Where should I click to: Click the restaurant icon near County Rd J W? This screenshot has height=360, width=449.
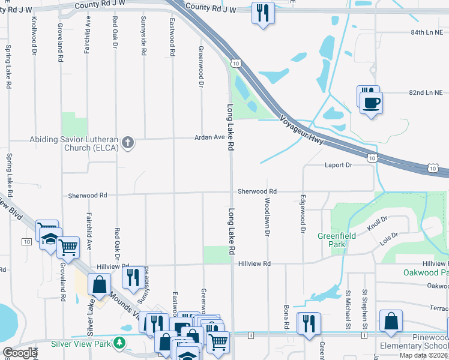click(262, 13)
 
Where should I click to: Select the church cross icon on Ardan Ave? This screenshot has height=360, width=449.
click(127, 142)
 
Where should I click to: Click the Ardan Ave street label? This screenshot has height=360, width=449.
click(209, 137)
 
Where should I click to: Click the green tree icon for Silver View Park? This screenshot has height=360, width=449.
click(120, 343)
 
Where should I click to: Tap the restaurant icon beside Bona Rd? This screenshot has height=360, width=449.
click(309, 324)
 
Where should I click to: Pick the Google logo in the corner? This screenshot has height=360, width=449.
click(20, 353)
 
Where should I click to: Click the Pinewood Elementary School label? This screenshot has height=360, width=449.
click(414, 341)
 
